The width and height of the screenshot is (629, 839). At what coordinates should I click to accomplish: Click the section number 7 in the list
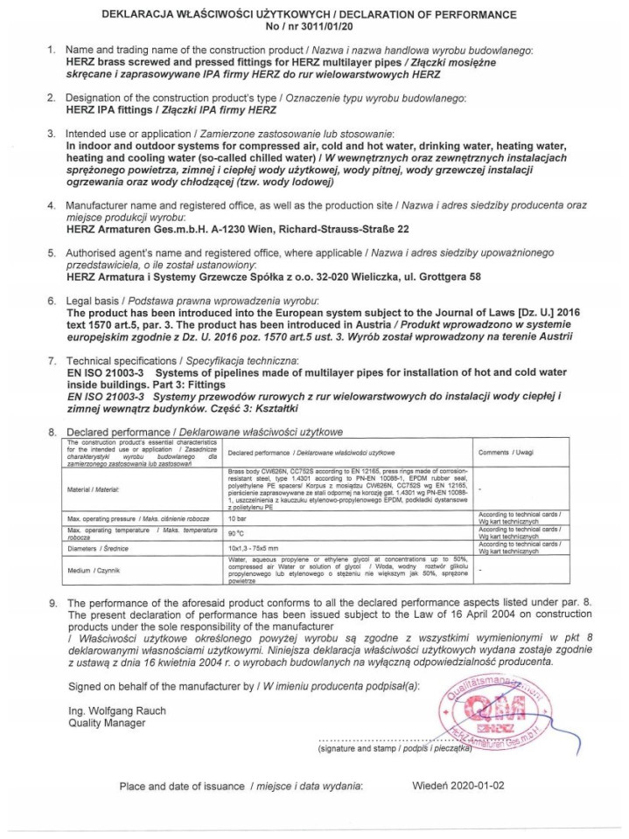click(x=52, y=360)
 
